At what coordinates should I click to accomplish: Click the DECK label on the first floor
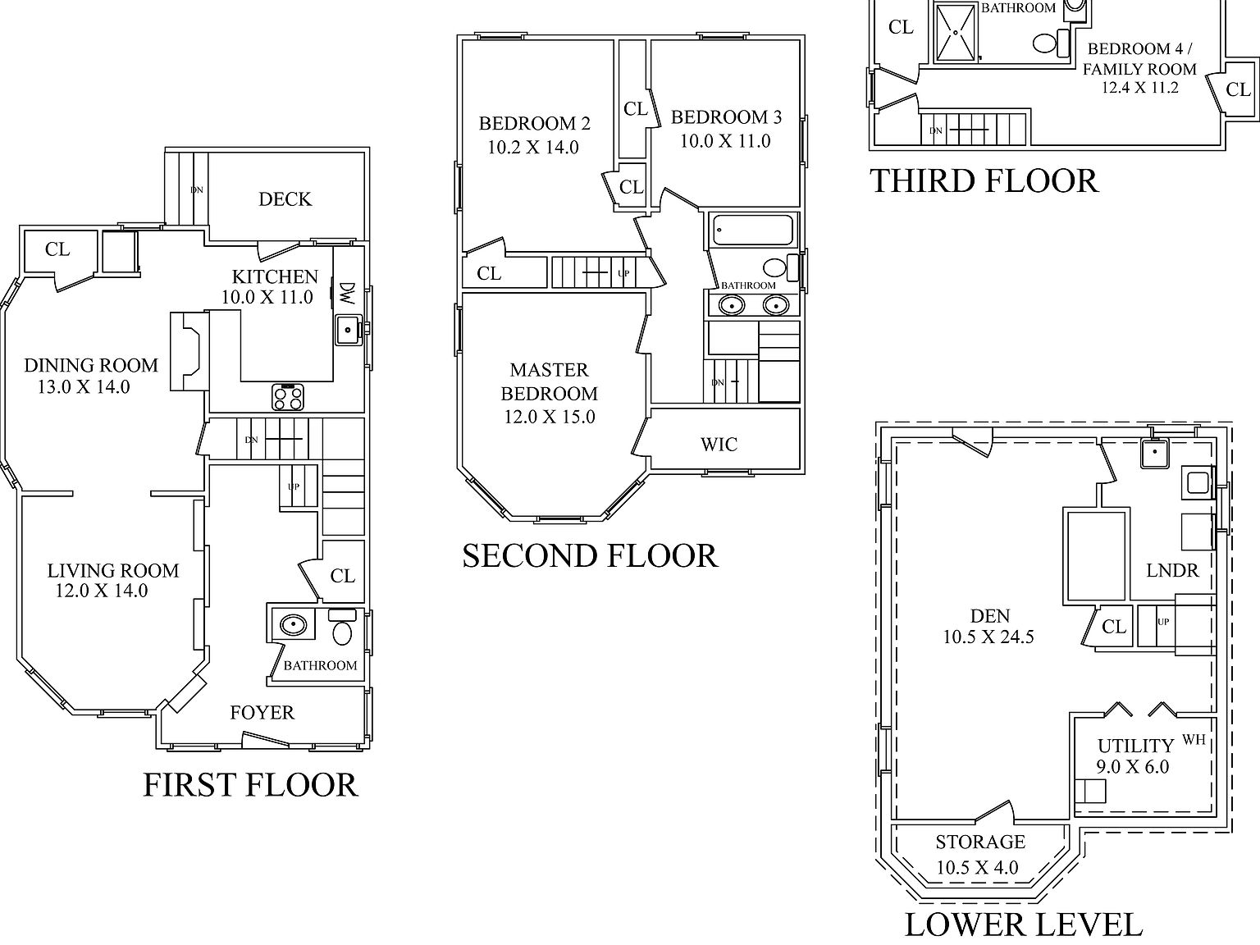(285, 199)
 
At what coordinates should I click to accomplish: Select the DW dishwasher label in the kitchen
(347, 293)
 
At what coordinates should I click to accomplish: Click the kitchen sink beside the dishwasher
(348, 330)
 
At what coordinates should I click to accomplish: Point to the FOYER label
(262, 713)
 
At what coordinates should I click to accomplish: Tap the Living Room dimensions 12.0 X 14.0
(102, 591)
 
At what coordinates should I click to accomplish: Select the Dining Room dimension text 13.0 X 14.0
(84, 387)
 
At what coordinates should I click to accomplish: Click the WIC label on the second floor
(719, 445)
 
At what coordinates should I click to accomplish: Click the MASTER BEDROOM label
(549, 381)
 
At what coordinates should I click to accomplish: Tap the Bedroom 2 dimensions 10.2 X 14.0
(533, 148)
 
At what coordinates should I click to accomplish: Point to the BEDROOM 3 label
(726, 117)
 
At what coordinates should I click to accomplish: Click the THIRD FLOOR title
(984, 181)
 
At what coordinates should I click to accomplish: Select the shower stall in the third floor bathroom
(956, 31)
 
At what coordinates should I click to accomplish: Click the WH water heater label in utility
(1194, 740)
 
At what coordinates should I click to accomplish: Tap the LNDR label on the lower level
(1172, 571)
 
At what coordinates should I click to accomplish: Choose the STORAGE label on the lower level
(980, 842)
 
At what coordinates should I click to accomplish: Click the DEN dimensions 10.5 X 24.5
(988, 637)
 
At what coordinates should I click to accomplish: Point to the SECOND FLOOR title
(590, 556)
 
